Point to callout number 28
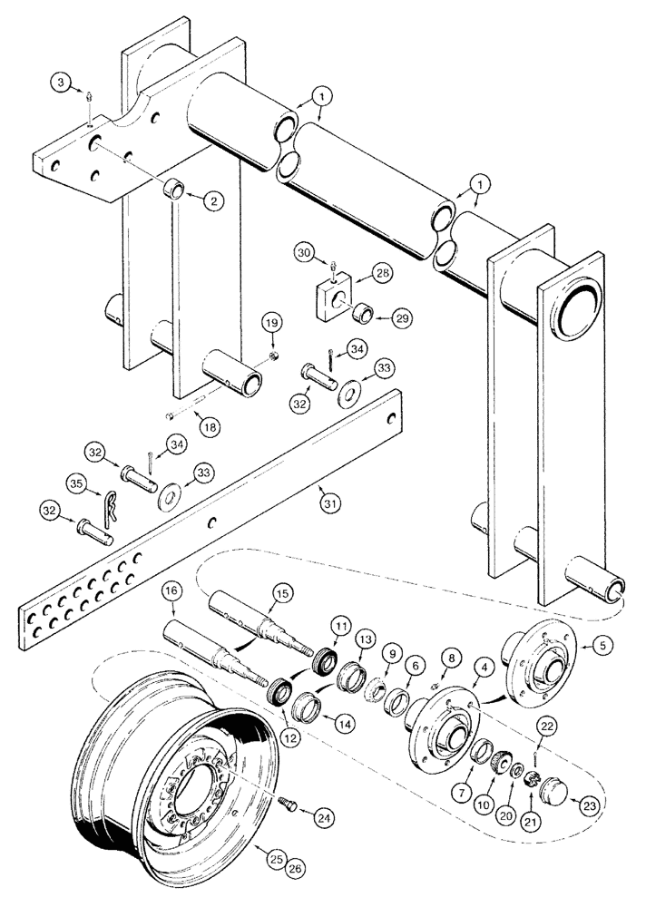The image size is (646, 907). click(382, 273)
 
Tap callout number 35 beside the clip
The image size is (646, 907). click(77, 485)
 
